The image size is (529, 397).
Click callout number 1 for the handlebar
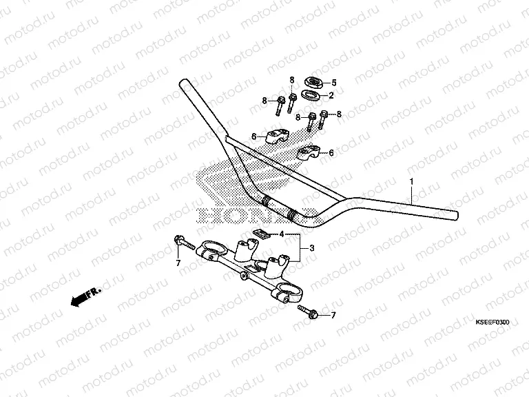tap(411, 181)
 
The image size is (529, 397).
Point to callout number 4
tap(281, 235)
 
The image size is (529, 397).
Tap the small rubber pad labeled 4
tap(259, 233)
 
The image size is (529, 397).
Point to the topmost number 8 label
tap(291, 80)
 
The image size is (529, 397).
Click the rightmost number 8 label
tap(339, 114)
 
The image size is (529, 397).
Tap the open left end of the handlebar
tap(184, 85)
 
